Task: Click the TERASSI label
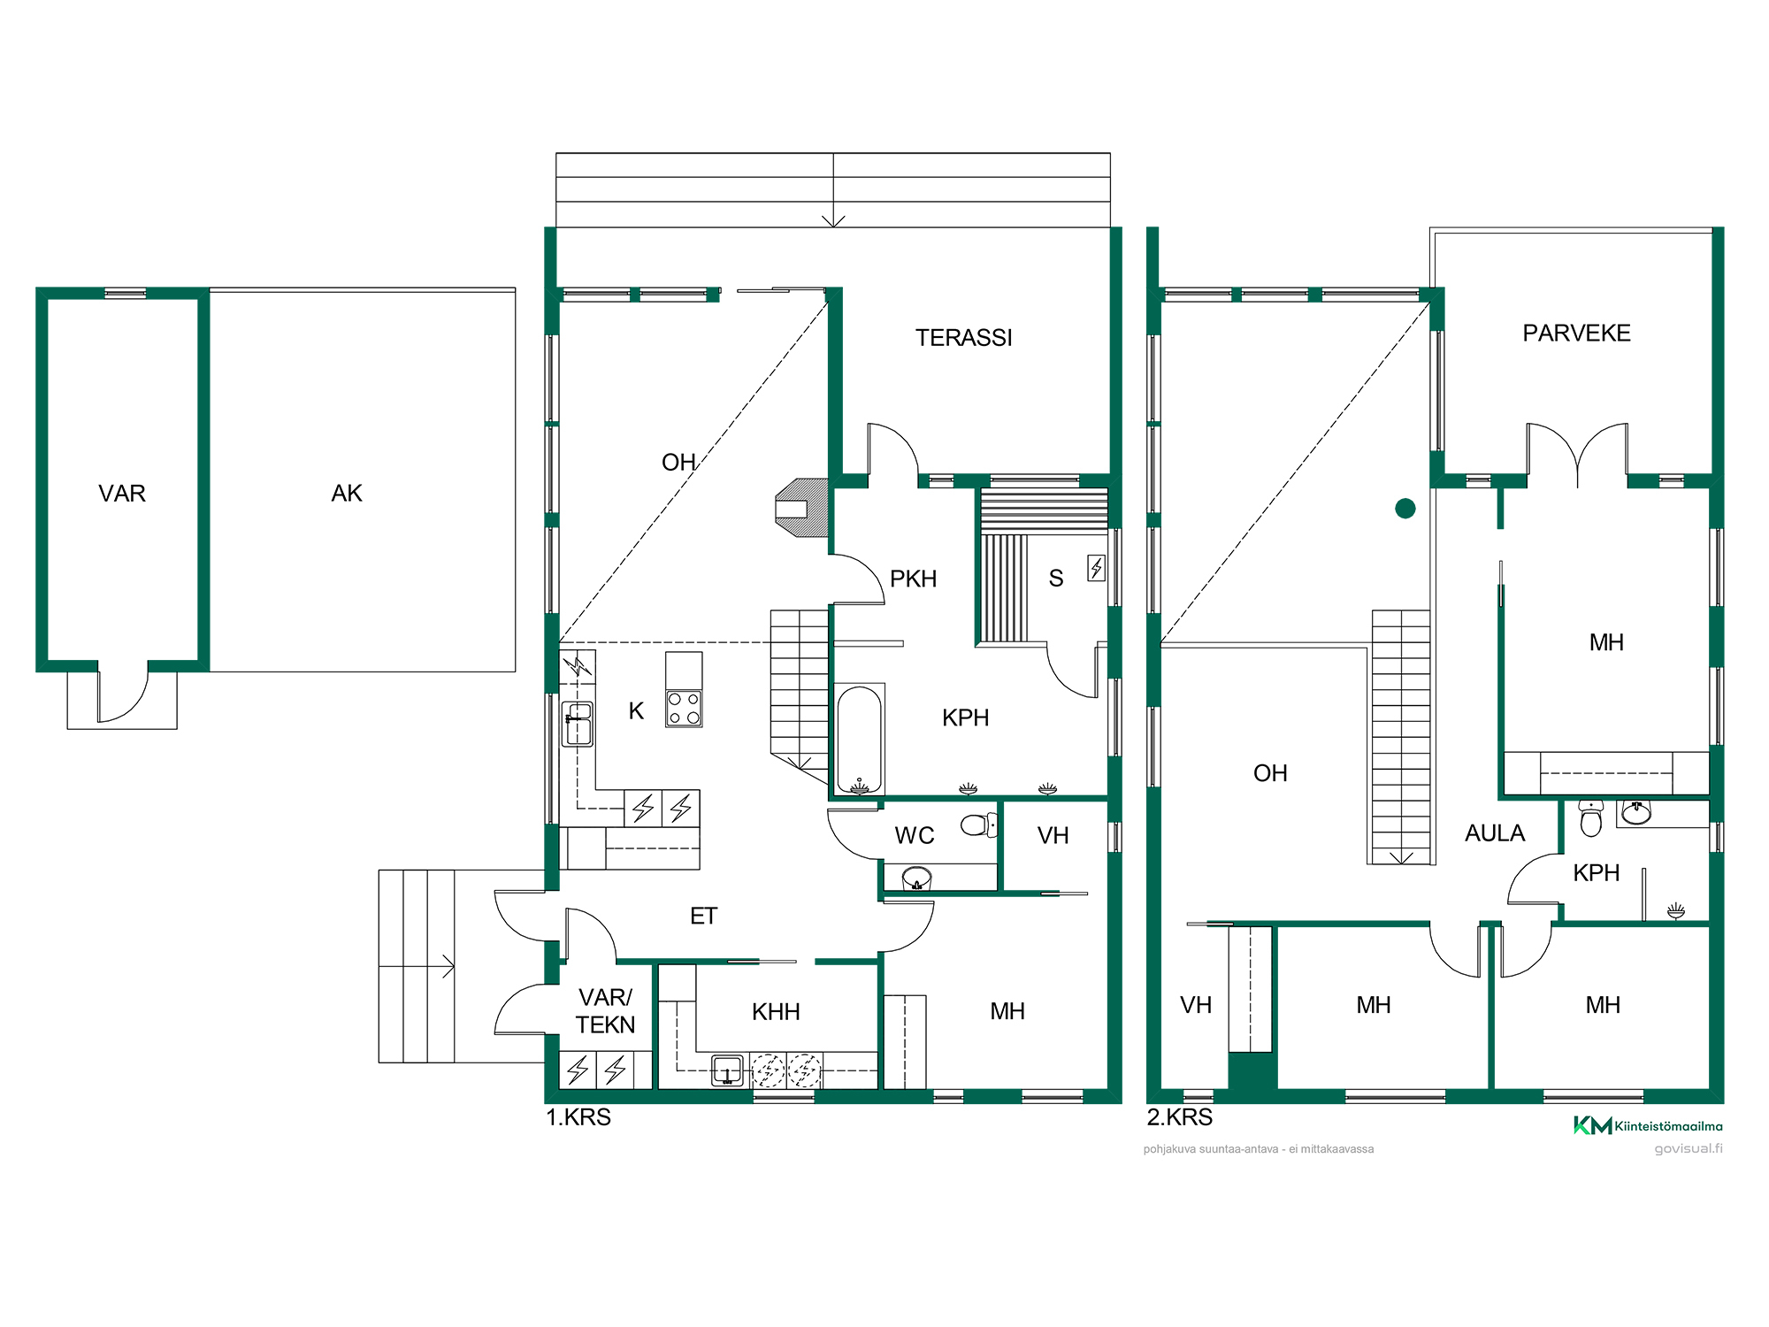click(x=963, y=338)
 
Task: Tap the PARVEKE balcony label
click(x=1576, y=334)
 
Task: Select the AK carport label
click(x=347, y=494)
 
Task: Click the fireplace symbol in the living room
click(x=802, y=508)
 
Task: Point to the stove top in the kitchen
click(x=684, y=709)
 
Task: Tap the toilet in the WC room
click(x=978, y=825)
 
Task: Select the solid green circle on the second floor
click(x=1405, y=508)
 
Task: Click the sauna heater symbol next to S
click(x=1097, y=567)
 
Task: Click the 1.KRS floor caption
click(x=578, y=1117)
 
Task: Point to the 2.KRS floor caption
click(x=1180, y=1117)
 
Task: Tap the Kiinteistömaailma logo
click(x=1648, y=1125)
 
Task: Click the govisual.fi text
click(x=1689, y=1149)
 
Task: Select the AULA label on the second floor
click(x=1495, y=833)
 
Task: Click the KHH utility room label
click(x=776, y=1012)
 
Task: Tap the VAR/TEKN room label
click(x=606, y=1011)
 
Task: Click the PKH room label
click(x=913, y=579)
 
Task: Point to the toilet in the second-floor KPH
click(x=1590, y=817)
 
